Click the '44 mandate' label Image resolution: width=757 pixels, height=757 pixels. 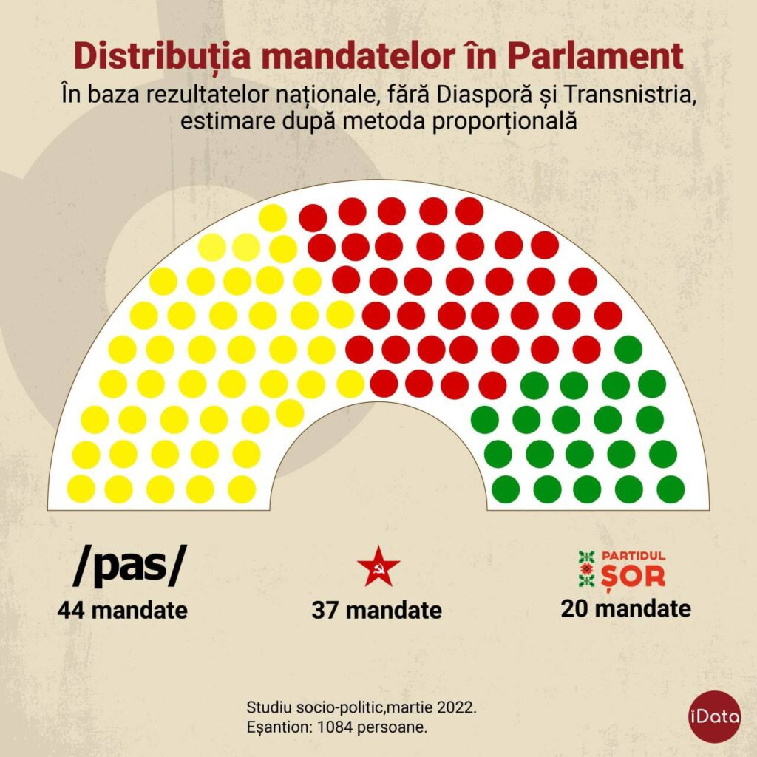123,611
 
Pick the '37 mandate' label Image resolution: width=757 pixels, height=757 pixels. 376,611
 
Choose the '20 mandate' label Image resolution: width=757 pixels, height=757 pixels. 625,608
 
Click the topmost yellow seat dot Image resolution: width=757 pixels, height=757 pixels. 273,217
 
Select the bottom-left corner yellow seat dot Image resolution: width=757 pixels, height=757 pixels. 81,489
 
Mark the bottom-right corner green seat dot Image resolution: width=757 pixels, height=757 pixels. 671,489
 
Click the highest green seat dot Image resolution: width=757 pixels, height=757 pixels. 628,349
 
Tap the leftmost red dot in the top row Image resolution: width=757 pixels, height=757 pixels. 313,217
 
